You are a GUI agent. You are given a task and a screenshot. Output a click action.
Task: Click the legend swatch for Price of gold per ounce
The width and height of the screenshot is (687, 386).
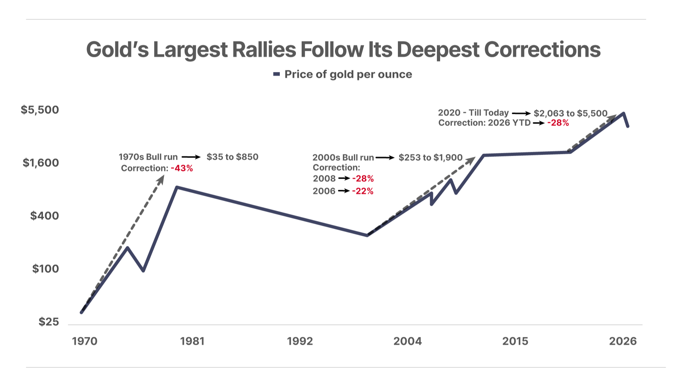[276, 74]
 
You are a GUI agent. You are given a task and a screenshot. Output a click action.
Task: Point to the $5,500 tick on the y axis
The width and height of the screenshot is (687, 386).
[40, 110]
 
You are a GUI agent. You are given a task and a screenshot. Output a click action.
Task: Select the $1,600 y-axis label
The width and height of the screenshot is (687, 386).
[41, 163]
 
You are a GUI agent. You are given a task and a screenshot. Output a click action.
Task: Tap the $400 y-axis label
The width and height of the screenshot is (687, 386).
[45, 216]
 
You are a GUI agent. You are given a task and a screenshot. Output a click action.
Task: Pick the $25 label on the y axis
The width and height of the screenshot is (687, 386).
[49, 322]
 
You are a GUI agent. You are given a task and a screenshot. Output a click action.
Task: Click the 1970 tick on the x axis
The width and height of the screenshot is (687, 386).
[85, 341]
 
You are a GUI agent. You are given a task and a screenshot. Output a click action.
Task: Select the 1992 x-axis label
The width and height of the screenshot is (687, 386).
[300, 341]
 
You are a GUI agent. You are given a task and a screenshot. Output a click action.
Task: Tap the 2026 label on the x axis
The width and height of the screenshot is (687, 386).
[623, 341]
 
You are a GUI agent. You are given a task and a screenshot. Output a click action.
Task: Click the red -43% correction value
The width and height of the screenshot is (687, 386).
[182, 168]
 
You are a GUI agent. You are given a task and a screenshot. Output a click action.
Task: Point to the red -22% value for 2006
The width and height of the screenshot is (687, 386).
[363, 191]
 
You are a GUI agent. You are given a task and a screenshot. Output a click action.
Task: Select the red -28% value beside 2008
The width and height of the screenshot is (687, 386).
[363, 179]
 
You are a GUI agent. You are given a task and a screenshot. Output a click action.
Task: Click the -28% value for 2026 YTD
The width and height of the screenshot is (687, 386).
[558, 123]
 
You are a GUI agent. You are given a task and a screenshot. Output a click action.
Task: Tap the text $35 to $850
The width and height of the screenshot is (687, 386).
[233, 157]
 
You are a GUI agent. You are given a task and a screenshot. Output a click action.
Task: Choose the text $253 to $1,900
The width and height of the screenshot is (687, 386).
[431, 158]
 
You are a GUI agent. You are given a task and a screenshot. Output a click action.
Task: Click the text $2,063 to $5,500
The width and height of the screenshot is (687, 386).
[571, 114]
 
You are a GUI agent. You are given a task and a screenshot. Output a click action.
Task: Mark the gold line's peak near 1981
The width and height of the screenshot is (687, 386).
[177, 187]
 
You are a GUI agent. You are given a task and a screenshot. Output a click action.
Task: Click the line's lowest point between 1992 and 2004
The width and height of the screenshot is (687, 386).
[367, 235]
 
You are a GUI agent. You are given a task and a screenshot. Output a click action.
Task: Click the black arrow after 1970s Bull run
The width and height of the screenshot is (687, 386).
[191, 157]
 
